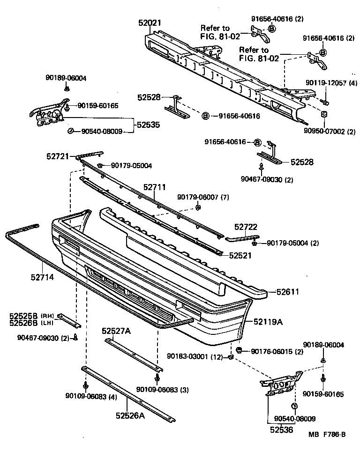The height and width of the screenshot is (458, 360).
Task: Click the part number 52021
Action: [149, 22]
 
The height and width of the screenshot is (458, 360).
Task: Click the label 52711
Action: [155, 187]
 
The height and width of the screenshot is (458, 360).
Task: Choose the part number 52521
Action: [240, 255]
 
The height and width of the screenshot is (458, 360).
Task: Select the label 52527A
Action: [116, 331]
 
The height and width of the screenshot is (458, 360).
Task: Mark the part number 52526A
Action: [130, 414]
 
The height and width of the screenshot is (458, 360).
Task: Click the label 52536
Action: [282, 429]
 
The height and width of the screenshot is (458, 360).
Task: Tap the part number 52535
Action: [148, 125]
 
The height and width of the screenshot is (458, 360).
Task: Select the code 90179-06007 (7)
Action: [203, 197]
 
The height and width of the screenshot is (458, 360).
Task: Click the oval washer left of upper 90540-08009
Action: [70, 131]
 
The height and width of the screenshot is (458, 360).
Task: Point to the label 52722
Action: [246, 227]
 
